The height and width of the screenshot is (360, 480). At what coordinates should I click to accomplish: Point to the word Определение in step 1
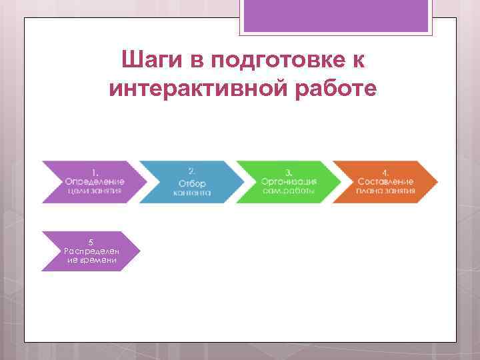[95, 181]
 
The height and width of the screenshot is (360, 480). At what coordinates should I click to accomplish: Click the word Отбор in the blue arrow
[193, 183]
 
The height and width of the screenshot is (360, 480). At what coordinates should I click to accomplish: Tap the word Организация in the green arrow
[289, 181]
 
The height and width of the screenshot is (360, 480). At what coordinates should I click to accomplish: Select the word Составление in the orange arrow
[385, 181]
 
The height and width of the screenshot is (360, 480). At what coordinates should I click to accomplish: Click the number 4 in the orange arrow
[385, 172]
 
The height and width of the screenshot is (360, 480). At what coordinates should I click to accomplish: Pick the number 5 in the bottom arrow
[92, 242]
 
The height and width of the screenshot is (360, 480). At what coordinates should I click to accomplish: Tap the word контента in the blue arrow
[193, 193]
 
